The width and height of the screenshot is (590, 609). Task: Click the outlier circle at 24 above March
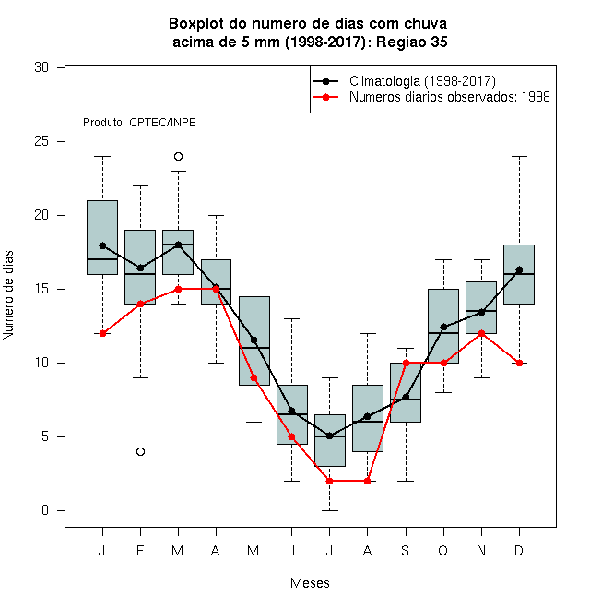[x=178, y=157]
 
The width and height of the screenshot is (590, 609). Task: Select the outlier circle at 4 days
[x=140, y=452]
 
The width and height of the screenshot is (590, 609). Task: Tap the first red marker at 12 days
[x=102, y=334]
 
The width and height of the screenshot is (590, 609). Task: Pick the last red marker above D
[x=519, y=364]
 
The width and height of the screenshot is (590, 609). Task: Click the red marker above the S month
[x=406, y=364]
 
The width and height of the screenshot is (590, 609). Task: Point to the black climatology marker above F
[x=140, y=268]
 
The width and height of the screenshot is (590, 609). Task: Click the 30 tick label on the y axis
[x=41, y=67]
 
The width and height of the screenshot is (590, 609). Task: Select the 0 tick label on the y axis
[x=45, y=510]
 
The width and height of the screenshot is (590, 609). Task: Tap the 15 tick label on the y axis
[x=41, y=289]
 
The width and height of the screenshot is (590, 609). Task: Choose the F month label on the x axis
[x=140, y=550]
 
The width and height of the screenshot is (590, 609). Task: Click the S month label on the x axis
[x=406, y=550]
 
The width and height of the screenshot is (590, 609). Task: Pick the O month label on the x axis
[x=442, y=550]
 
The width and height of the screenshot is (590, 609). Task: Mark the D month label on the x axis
[x=519, y=550]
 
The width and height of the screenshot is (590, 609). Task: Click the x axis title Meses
[x=310, y=583]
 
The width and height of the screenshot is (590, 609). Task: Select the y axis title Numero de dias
[x=8, y=296]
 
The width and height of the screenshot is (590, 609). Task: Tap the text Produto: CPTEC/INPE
[x=139, y=123]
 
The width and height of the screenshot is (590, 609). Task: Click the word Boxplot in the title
[x=196, y=24]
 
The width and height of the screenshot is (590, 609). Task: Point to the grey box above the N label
[x=481, y=307]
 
